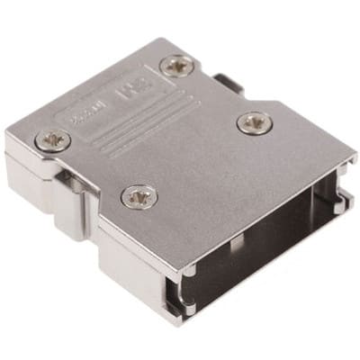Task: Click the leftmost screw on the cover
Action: coord(54,139)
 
